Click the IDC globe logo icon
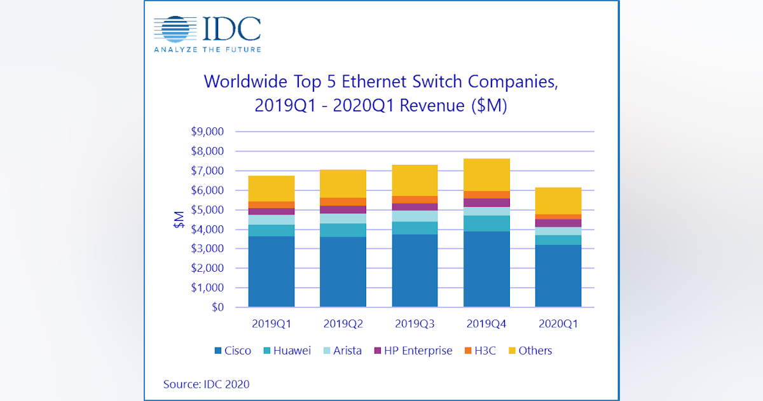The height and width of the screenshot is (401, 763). click(x=177, y=30)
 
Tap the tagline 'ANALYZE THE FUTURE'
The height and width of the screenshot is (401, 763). click(x=207, y=50)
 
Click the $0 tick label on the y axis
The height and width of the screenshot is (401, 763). click(x=216, y=307)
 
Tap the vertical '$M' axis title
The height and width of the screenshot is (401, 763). click(x=179, y=220)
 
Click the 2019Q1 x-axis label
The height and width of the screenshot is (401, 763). click(x=272, y=323)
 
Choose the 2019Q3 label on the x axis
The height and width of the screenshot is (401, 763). click(x=415, y=323)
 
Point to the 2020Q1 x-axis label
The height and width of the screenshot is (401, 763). click(x=558, y=323)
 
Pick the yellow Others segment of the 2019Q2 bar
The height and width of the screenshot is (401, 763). click(x=343, y=184)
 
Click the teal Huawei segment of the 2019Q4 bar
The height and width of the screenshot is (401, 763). click(x=486, y=223)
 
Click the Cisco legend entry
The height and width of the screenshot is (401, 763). click(x=233, y=351)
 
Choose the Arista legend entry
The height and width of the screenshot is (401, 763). click(x=341, y=351)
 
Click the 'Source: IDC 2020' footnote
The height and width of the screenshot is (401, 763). click(x=207, y=384)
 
